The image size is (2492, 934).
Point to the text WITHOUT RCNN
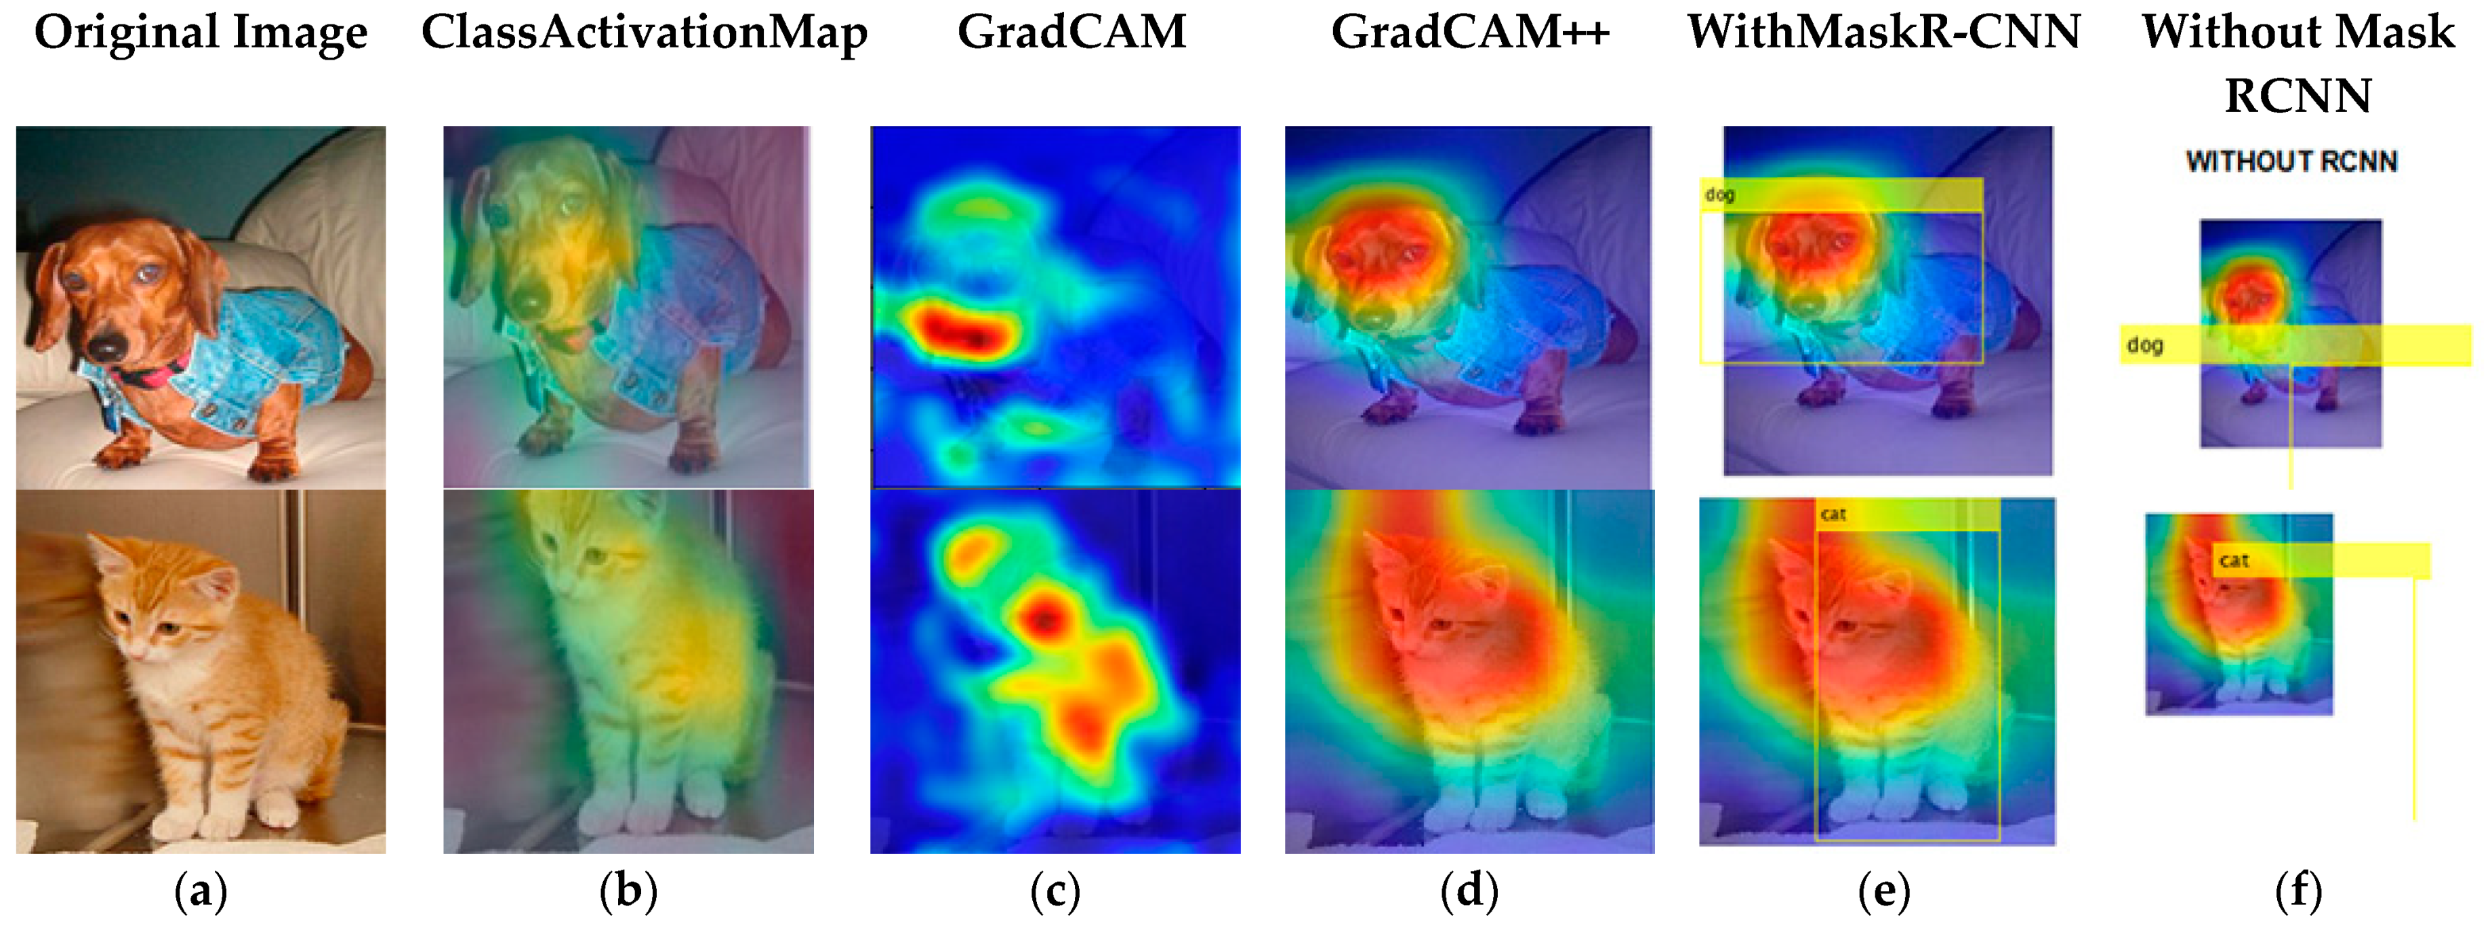click(2291, 161)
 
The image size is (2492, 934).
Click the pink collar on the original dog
click(155, 373)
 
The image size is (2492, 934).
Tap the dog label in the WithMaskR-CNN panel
click(1720, 195)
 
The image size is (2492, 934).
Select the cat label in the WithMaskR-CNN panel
click(1833, 514)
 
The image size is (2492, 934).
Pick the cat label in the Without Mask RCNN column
click(2234, 561)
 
